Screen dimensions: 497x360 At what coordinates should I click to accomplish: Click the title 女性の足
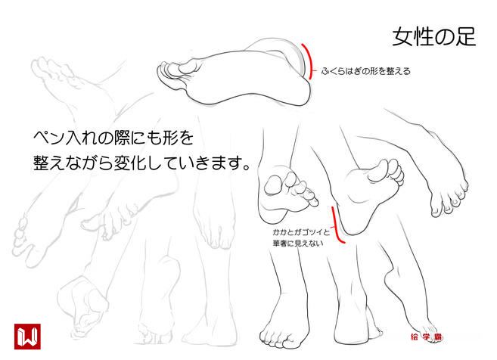click(434, 37)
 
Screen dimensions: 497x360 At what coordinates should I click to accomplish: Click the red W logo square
click(27, 337)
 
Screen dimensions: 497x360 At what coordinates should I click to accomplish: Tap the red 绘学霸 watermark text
click(426, 337)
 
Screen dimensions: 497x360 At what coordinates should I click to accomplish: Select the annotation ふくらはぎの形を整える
click(366, 71)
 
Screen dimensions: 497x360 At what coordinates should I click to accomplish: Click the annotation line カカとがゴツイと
click(301, 232)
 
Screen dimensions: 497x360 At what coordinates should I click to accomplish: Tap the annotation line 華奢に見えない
click(298, 244)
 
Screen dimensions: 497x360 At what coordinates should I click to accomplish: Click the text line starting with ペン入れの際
click(113, 138)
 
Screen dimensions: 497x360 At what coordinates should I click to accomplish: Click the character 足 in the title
click(466, 37)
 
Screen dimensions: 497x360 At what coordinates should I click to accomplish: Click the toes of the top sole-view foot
click(172, 73)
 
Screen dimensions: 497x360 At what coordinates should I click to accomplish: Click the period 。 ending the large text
click(247, 167)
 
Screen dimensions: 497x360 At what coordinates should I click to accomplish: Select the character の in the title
click(445, 38)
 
